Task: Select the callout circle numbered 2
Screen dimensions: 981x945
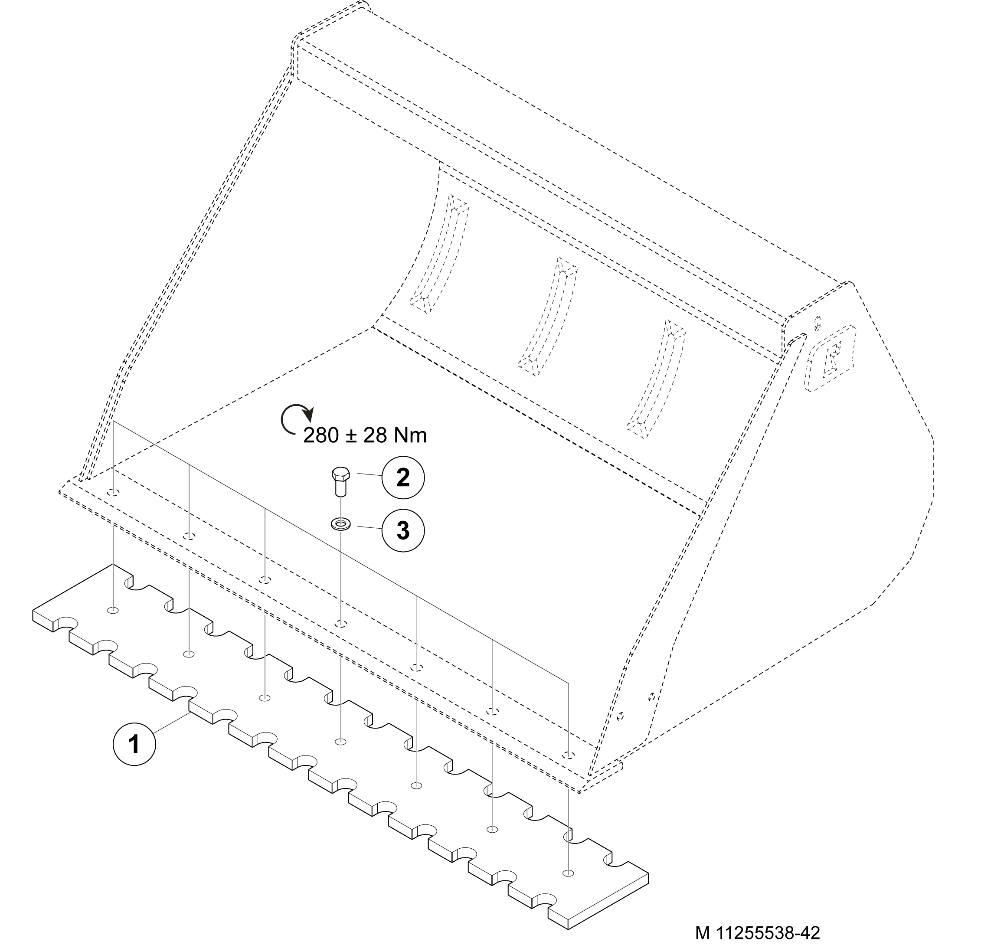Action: click(x=403, y=477)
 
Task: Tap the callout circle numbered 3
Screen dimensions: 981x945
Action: click(x=403, y=530)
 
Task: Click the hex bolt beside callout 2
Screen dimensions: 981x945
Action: click(x=340, y=481)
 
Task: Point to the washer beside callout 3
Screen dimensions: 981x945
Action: click(x=340, y=524)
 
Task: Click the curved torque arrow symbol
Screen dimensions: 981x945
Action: click(x=295, y=418)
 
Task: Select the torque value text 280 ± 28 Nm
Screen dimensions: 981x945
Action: click(x=365, y=435)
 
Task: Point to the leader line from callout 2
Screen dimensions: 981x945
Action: click(x=369, y=474)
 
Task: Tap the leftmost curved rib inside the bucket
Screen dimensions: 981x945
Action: click(x=439, y=254)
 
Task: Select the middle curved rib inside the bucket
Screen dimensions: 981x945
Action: click(x=548, y=317)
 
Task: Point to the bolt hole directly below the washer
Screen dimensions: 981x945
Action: click(x=341, y=624)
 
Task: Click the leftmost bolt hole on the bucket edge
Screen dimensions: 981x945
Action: click(x=114, y=493)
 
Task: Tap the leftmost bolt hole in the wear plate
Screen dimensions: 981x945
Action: click(x=114, y=610)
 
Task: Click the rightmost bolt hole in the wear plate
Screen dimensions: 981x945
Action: click(x=568, y=873)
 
